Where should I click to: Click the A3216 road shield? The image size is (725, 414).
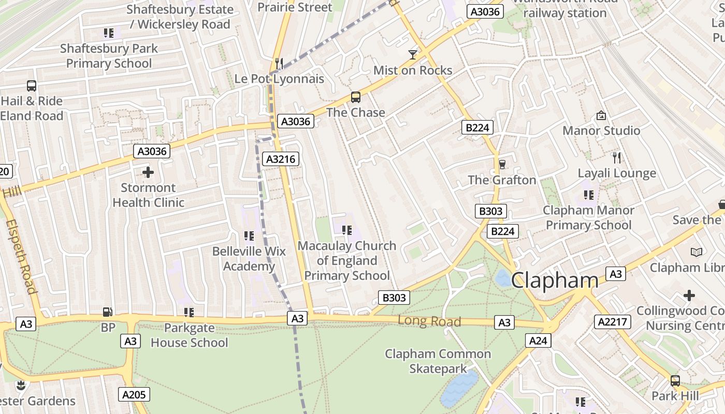point(281,159)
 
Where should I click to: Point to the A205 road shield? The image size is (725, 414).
point(134,395)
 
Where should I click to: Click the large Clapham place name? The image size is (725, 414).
point(555,280)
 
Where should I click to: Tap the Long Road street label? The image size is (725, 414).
point(429,321)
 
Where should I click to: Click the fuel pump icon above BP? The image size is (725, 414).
point(108,312)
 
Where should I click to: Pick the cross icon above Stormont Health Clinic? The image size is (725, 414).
point(148,172)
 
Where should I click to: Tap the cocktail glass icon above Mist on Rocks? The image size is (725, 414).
point(413,54)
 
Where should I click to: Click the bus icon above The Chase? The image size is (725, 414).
point(356,97)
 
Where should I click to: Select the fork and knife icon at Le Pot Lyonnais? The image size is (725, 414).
point(279,63)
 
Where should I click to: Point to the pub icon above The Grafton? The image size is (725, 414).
point(502,165)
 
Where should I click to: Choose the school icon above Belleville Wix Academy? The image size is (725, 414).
point(249,236)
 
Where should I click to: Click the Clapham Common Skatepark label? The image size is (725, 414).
point(438,361)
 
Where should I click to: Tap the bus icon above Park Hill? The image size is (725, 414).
point(675,381)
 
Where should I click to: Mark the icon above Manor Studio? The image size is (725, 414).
point(601,115)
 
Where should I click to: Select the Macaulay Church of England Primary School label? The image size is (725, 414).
point(347,261)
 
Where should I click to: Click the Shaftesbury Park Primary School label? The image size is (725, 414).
point(109,56)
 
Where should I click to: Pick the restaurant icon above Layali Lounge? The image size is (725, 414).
point(617,157)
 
